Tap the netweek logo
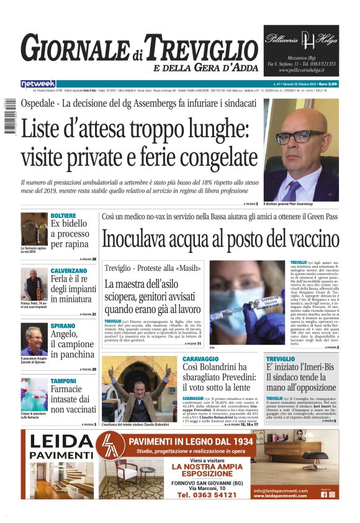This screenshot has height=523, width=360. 38,84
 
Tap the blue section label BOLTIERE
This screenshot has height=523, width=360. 63,215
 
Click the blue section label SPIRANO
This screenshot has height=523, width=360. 63,325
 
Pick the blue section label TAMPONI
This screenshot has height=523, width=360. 63,381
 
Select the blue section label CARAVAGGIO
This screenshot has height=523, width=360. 204,359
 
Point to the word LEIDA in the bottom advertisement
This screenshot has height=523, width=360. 60,442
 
